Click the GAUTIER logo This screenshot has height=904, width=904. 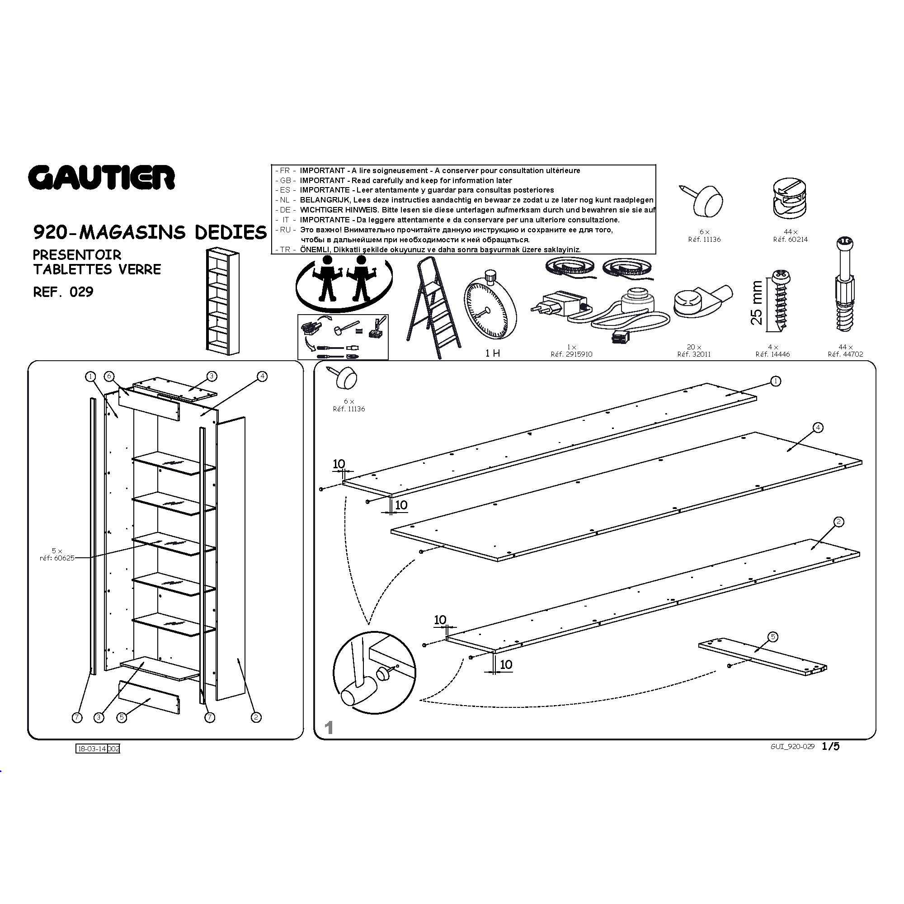tap(102, 177)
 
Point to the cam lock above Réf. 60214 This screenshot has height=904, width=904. tap(790, 198)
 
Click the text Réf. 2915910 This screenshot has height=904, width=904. tap(571, 354)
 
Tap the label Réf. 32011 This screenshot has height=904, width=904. tap(694, 354)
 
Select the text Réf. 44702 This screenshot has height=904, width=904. tap(845, 354)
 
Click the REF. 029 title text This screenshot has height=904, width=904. tap(63, 292)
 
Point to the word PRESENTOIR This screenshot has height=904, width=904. tap(77, 255)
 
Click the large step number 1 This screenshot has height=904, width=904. tap(329, 728)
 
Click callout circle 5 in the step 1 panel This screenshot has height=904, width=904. tap(773, 637)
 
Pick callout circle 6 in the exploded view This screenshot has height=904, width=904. tap(109, 376)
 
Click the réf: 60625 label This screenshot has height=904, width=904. tap(57, 558)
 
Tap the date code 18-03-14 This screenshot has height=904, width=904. tap(92, 749)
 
